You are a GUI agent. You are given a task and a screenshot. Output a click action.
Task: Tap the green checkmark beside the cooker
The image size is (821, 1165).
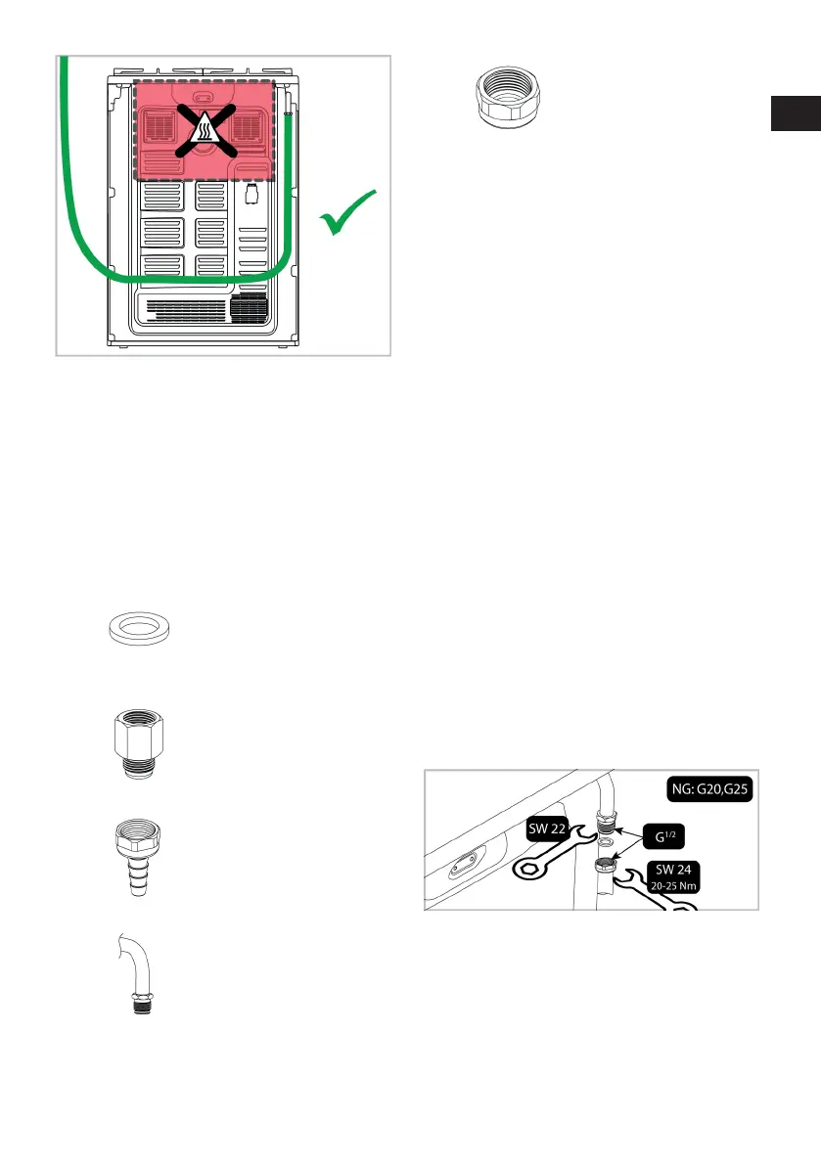[x=349, y=213]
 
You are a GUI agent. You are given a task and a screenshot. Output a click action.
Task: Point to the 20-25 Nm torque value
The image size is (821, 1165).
[x=673, y=889]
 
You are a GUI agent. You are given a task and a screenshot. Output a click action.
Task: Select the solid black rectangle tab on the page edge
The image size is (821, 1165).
[x=794, y=112]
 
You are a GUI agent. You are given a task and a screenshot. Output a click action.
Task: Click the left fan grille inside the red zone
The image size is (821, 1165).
[x=159, y=126]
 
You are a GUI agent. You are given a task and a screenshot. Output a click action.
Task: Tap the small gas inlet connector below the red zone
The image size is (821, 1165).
[x=251, y=195]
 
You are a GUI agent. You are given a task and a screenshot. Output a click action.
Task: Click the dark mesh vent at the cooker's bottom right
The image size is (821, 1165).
[x=249, y=306]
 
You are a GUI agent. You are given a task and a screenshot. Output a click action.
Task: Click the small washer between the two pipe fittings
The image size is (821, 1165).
[x=606, y=844]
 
